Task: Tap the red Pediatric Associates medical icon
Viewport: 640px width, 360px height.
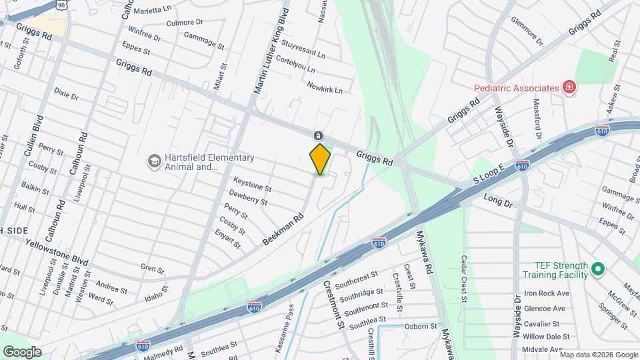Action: (569, 88)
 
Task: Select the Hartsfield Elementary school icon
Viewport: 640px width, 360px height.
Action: (155, 162)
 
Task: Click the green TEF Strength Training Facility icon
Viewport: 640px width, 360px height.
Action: (598, 269)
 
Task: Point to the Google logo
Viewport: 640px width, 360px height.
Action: (22, 351)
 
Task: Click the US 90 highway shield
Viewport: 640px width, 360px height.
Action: (61, 5)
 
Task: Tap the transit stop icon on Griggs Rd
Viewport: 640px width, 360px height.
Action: (319, 135)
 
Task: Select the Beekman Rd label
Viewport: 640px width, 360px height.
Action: (283, 228)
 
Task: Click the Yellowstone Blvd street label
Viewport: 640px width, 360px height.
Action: (57, 250)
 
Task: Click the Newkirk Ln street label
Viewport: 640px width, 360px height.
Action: (325, 87)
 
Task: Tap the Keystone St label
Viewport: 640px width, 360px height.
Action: (252, 184)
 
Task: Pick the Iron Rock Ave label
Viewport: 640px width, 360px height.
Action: (546, 293)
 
